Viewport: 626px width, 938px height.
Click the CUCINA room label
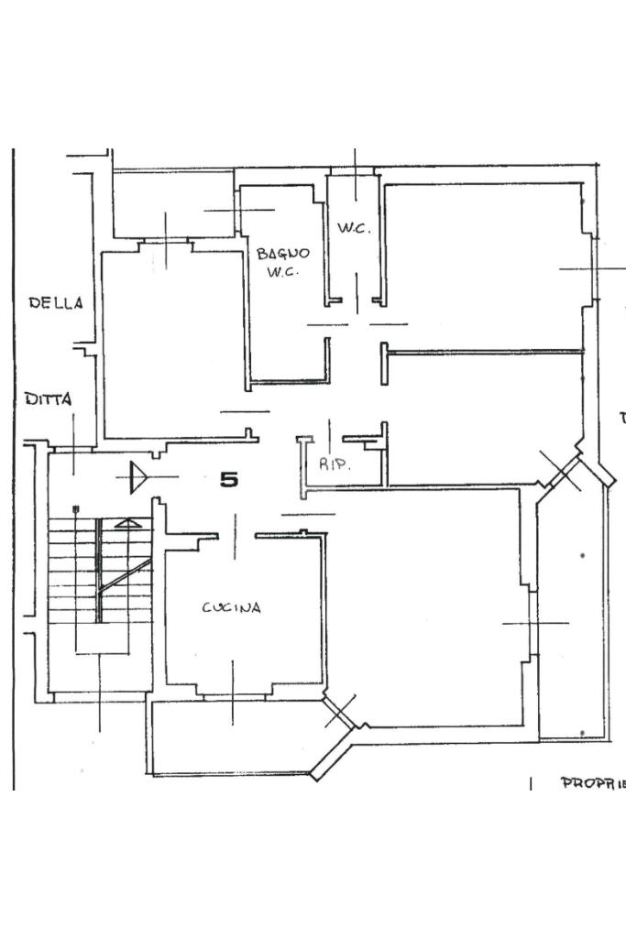[x=231, y=607]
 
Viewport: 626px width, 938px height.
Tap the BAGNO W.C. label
[x=283, y=262]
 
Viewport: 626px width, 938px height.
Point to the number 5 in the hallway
[x=229, y=479]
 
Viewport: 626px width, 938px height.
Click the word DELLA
[x=56, y=302]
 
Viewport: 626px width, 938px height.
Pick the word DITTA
[x=49, y=399]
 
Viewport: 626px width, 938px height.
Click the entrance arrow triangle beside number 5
[x=138, y=477]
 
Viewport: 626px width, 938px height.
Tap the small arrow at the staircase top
[x=129, y=524]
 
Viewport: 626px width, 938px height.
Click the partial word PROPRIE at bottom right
[x=592, y=783]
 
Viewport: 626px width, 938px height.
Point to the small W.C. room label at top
[x=354, y=228]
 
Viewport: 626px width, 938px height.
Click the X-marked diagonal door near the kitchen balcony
[x=339, y=711]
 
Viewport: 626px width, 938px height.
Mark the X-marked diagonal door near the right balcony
[x=560, y=469]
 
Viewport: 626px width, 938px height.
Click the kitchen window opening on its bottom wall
[x=233, y=697]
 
